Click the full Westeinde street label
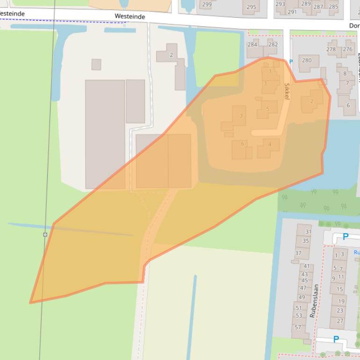(x=130, y=16)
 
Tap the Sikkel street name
(x=287, y=91)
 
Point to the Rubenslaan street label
(x=314, y=301)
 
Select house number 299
(x=207, y=5)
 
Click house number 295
(x=252, y=7)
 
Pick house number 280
(x=307, y=60)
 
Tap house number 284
(x=252, y=45)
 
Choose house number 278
(x=331, y=49)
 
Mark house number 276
(x=347, y=49)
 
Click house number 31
(x=308, y=231)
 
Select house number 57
(x=298, y=327)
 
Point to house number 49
(x=302, y=297)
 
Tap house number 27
(x=340, y=321)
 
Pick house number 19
(x=341, y=301)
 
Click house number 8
(x=345, y=73)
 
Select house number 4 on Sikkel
(x=270, y=144)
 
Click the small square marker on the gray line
(x=45, y=234)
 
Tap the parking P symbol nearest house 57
(x=336, y=339)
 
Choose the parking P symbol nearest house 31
(x=346, y=237)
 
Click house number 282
(x=273, y=45)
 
